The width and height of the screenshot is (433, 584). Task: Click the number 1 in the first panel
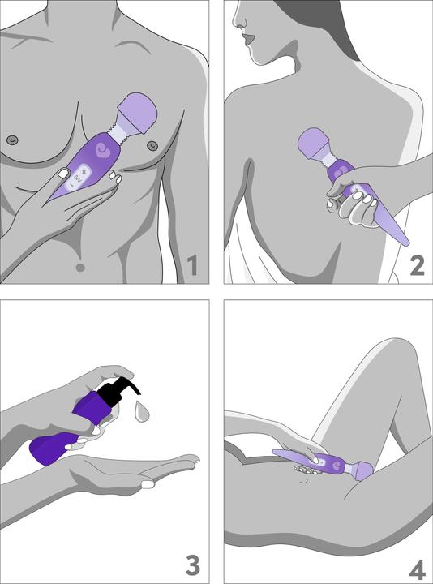[192, 264]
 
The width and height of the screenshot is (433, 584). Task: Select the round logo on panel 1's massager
[102, 151]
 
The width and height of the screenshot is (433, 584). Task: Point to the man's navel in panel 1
[79, 267]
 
